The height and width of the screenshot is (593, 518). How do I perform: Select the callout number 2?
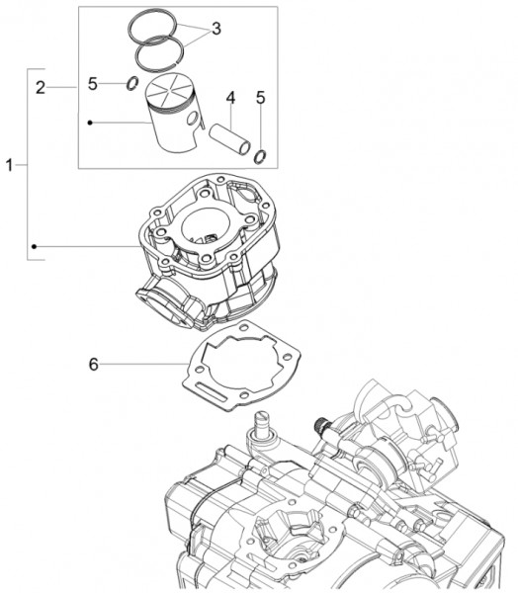[x=41, y=88]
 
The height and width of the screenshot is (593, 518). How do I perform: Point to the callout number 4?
[x=229, y=98]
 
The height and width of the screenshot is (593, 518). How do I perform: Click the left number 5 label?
[x=92, y=84]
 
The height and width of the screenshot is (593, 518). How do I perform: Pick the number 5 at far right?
[x=261, y=98]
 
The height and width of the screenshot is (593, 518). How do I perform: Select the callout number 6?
[x=93, y=364]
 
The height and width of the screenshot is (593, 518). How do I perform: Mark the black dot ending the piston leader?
[x=90, y=124]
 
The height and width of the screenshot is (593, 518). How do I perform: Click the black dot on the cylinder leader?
[x=35, y=245]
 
